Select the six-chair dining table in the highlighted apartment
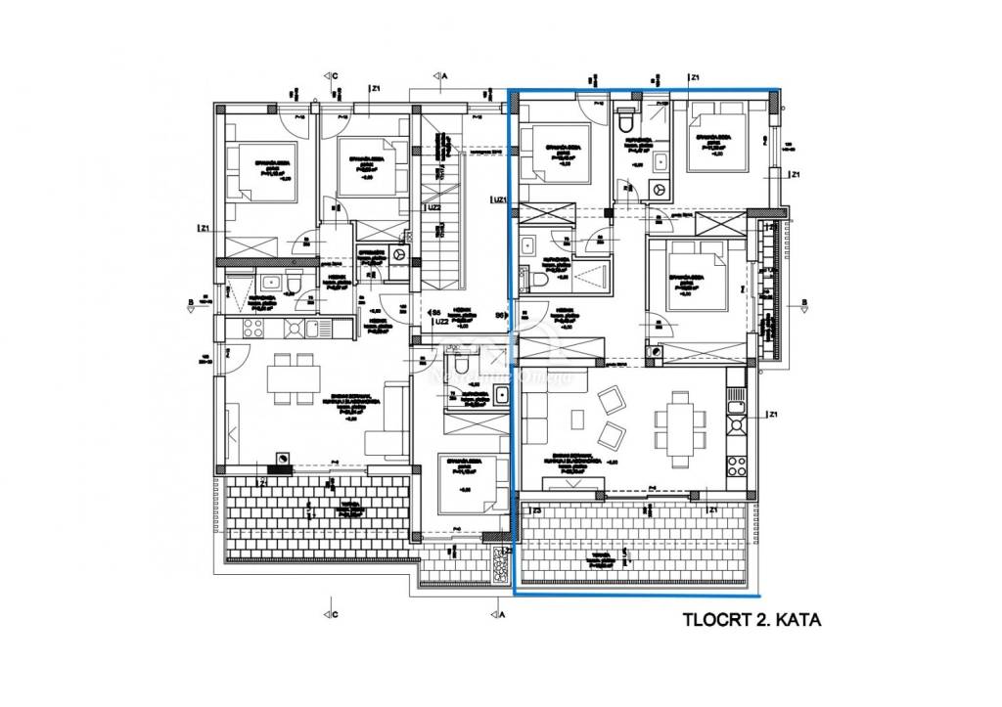pyautogui.click(x=677, y=420)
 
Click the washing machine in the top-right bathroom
pyautogui.click(x=660, y=189)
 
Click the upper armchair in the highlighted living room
pyautogui.click(x=614, y=398)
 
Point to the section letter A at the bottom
pyautogui.click(x=501, y=617)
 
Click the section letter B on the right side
pyautogui.click(x=800, y=301)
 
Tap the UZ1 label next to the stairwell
pyautogui.click(x=500, y=200)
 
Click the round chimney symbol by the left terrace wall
pyautogui.click(x=282, y=459)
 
